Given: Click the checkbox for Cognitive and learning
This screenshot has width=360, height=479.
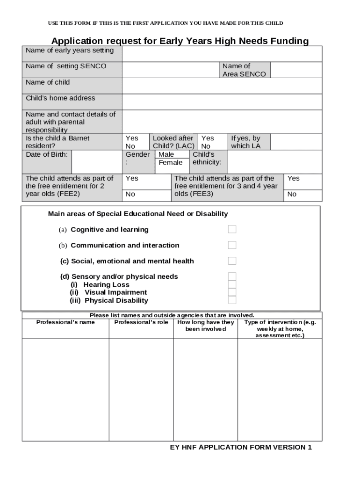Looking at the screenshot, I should point(232,229).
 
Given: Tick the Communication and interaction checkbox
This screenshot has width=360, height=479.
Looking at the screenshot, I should point(232,245).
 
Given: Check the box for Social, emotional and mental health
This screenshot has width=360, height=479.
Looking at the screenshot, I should point(232,261).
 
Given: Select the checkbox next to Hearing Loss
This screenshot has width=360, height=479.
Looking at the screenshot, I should point(232,284).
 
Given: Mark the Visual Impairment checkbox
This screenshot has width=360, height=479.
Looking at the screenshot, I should point(232,292).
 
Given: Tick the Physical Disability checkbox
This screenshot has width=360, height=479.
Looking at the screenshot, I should point(232,300).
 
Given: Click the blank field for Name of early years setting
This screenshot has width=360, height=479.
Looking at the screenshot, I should point(222,54).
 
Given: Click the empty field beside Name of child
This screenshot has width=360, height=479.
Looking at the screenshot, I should point(222,86).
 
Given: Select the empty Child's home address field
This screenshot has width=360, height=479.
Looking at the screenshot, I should point(222,102).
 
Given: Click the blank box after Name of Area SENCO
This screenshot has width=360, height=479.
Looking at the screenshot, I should point(296,70).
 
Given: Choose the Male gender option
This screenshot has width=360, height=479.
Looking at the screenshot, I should point(166,154).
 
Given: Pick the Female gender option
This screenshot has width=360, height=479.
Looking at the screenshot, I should point(171,162).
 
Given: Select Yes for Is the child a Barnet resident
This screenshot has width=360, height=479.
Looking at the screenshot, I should point(132,138).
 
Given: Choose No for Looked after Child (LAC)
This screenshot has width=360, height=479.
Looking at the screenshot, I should point(206,146).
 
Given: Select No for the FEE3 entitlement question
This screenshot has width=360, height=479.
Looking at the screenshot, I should point(292,194).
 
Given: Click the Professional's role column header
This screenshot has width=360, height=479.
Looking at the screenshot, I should point(141,322).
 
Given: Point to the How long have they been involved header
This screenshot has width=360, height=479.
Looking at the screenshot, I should point(205,326).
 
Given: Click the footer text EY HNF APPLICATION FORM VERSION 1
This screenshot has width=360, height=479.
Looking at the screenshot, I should point(241,447).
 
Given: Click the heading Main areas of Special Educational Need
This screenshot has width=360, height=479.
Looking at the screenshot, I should point(138,214).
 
